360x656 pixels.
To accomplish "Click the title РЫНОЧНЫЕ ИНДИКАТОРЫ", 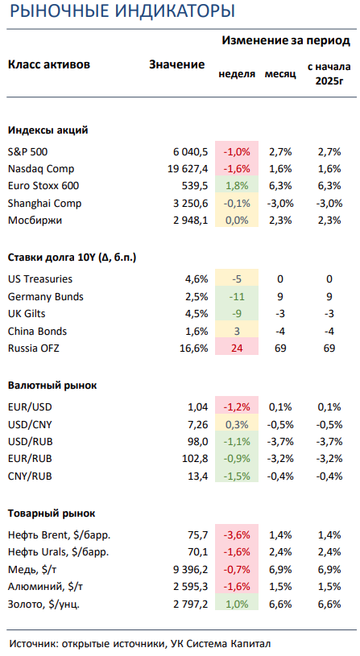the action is pyautogui.click(x=122, y=11).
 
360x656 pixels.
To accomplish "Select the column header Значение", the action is pyautogui.click(x=177, y=64).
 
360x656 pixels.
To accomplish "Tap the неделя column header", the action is pyautogui.click(x=237, y=74).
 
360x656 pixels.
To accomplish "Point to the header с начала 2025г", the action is pyautogui.click(x=329, y=73).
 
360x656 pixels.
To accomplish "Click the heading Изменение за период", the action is pyautogui.click(x=286, y=40).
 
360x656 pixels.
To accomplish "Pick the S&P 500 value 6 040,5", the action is pyautogui.click(x=190, y=152).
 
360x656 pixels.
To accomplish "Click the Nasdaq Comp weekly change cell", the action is pyautogui.click(x=237, y=169).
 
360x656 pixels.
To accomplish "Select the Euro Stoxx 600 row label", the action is pyautogui.click(x=43, y=186).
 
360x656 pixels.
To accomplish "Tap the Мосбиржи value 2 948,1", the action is pyautogui.click(x=190, y=221).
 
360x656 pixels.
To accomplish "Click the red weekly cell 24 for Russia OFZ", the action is pyautogui.click(x=237, y=348).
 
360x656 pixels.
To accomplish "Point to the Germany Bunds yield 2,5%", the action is pyautogui.click(x=197, y=297).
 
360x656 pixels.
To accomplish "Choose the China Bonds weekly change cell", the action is pyautogui.click(x=237, y=331).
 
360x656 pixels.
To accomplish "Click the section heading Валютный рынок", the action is pyautogui.click(x=52, y=386).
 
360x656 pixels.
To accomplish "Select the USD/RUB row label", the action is pyautogui.click(x=30, y=442).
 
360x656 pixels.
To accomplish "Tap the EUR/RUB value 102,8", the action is pyautogui.click(x=196, y=459).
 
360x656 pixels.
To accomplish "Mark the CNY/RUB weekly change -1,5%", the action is pyautogui.click(x=237, y=476).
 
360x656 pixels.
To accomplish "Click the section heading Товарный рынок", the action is pyautogui.click(x=52, y=514).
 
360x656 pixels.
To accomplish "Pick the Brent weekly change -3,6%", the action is pyautogui.click(x=237, y=534).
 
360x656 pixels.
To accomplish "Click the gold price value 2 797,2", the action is pyautogui.click(x=190, y=604).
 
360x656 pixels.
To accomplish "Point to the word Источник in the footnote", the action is pyautogui.click(x=34, y=643).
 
